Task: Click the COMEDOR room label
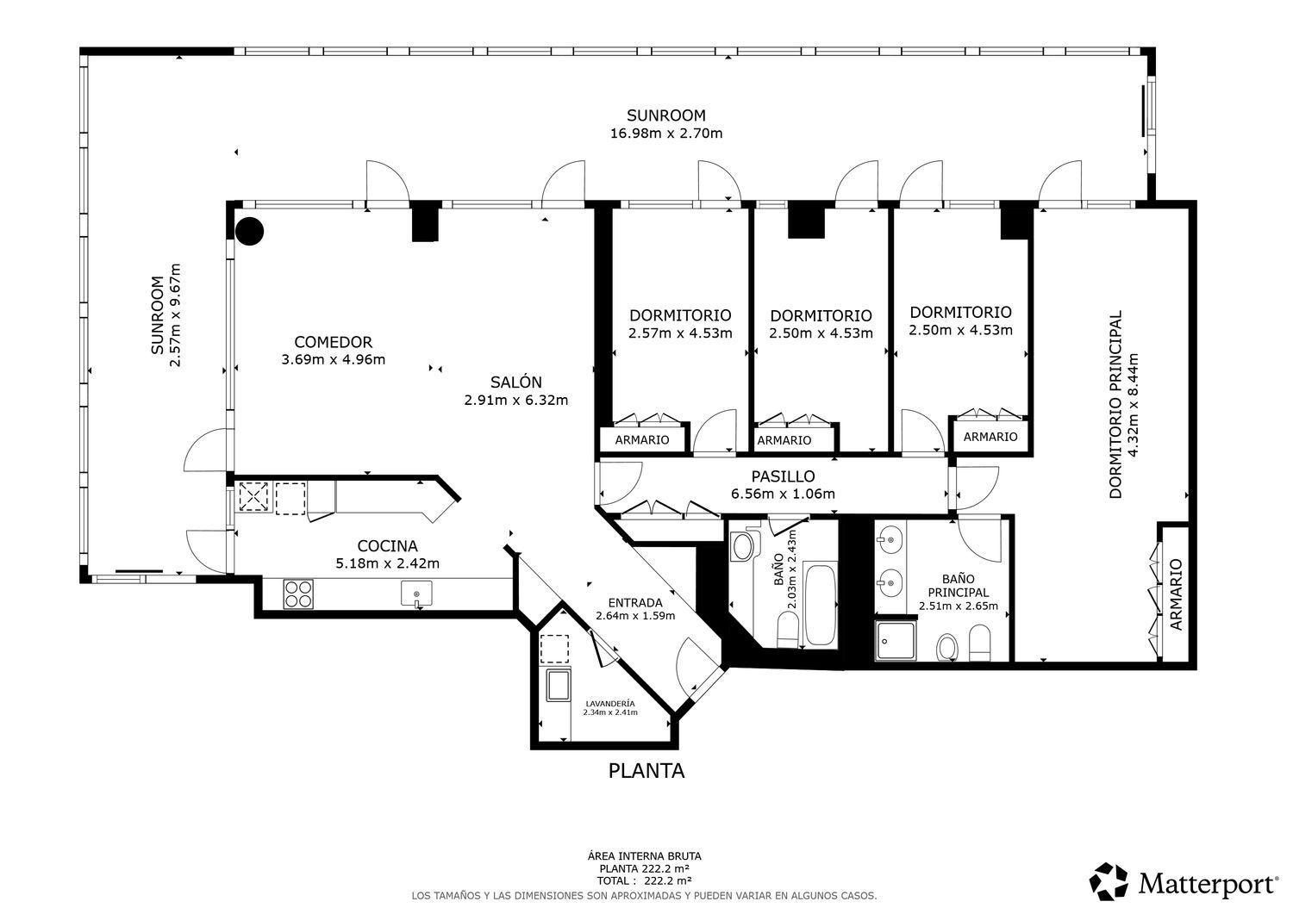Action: point(333,342)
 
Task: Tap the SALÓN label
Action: point(516,382)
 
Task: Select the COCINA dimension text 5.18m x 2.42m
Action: point(387,563)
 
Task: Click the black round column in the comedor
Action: point(250,231)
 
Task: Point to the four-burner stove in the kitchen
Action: point(298,594)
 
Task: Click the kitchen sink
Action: point(416,594)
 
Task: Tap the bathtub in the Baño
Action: point(820,606)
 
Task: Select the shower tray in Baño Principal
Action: point(896,640)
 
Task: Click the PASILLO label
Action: point(783,476)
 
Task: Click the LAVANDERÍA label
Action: point(610,704)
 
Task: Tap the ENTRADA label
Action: point(635,603)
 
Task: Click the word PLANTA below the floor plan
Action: point(646,771)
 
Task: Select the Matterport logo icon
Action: point(1109,881)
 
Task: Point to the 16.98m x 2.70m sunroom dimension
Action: point(666,134)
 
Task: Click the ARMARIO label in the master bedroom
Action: point(1176,594)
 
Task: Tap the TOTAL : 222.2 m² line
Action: point(644,880)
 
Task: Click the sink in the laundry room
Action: point(559,685)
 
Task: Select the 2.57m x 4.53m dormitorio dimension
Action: point(680,333)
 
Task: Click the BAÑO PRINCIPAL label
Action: point(959,585)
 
